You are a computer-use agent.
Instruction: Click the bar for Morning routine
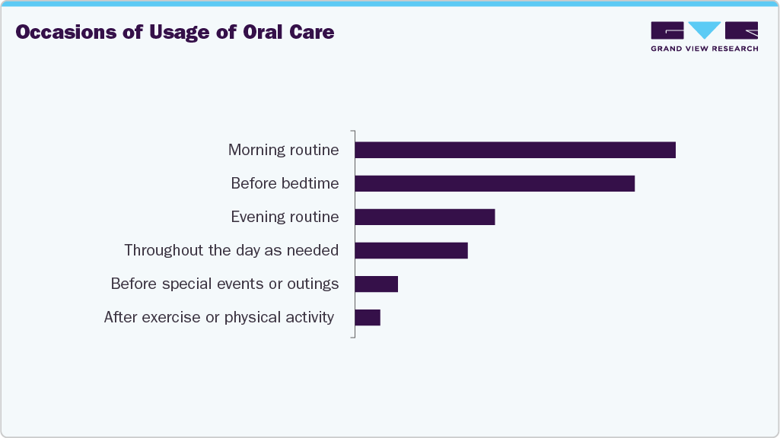[515, 150]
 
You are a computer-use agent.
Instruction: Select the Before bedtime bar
[495, 183]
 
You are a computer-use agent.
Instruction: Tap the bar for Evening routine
[425, 217]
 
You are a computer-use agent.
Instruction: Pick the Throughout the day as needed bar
[411, 250]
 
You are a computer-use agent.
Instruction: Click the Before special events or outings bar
[376, 284]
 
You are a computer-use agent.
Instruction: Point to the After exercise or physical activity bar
[368, 317]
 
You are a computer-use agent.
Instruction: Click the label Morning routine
[283, 150]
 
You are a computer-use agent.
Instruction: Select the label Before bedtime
[285, 183]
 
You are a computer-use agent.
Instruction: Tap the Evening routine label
[285, 217]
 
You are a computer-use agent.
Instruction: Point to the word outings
[313, 284]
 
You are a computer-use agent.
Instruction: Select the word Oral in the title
[261, 33]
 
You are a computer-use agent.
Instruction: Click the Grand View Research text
[704, 49]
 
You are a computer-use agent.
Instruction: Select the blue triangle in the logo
[705, 30]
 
